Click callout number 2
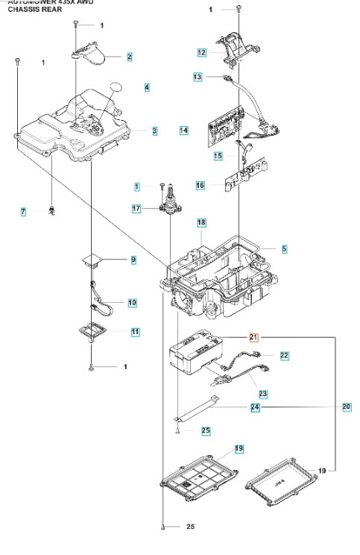click(129, 57)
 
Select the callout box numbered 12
click(201, 53)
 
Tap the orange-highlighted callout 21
click(253, 337)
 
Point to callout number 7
click(23, 213)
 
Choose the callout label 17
click(136, 209)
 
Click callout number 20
click(346, 407)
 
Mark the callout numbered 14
click(183, 130)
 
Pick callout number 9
click(133, 260)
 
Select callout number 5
click(284, 248)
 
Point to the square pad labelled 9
click(94, 259)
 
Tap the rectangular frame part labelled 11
click(93, 328)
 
